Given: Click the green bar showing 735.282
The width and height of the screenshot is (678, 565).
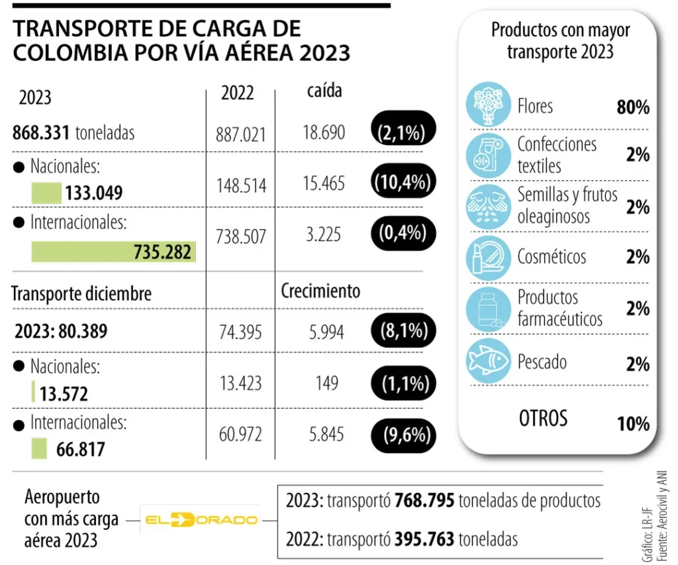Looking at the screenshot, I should tap(113, 251).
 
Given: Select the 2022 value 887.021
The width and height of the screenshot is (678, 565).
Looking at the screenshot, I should tap(241, 134).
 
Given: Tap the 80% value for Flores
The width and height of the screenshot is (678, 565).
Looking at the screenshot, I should tap(632, 107).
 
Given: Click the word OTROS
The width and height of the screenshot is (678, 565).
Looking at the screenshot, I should tap(543, 418).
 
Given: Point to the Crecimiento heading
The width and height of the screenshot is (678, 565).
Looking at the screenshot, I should tap(320, 291).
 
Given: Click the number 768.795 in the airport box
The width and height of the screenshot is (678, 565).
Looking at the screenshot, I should tap(424, 501).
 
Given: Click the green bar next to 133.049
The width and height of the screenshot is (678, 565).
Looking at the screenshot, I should tap(46, 193).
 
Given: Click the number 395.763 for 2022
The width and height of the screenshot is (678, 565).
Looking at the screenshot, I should tap(424, 539).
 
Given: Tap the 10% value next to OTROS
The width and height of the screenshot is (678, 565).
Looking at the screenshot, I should tap(632, 423).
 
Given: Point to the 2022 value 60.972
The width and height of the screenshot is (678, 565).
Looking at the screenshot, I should tap(241, 435).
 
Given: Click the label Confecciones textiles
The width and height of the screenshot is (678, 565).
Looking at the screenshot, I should tap(556, 154).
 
